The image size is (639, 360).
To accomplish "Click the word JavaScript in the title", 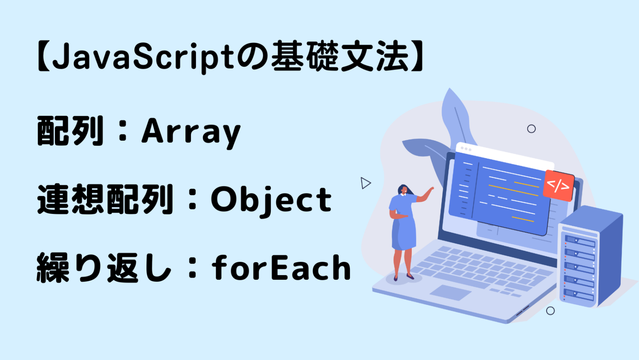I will click(144, 57).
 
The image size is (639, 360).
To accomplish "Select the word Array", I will click(191, 132).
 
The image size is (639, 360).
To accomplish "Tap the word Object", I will click(271, 200).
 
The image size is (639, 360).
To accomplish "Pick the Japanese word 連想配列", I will click(105, 200).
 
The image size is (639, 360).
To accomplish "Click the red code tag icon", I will click(558, 185).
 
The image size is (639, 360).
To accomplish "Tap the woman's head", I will click(403, 190).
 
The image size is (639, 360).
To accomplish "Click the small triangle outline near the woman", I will click(365, 183).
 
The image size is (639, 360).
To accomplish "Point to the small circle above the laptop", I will click(531, 129).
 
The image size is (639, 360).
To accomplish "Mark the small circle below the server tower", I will click(550, 310).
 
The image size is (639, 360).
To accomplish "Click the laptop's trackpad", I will click(450, 292).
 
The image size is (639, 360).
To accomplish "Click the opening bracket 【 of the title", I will click(43, 57).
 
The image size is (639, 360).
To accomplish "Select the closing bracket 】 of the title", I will click(417, 57).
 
